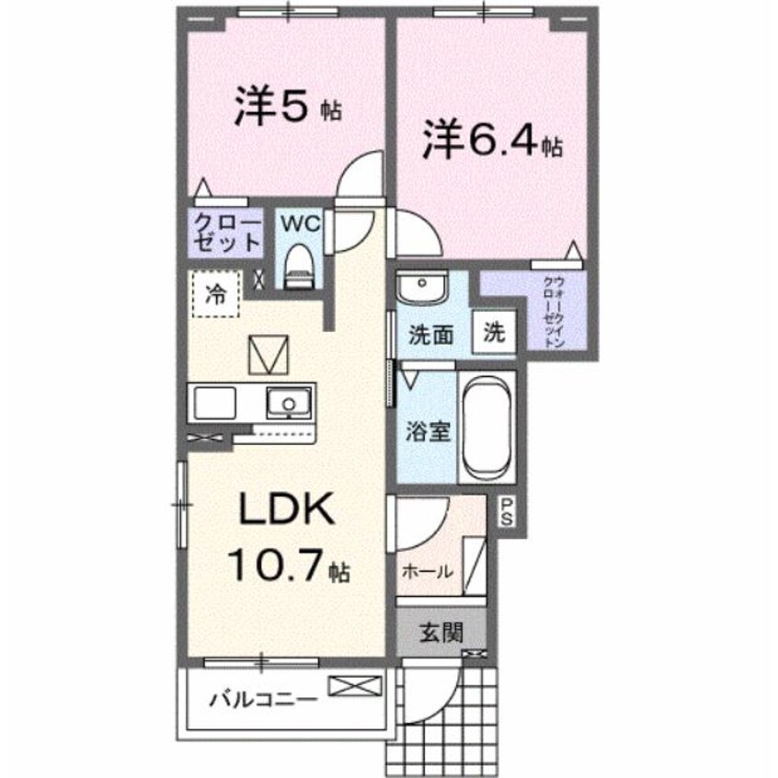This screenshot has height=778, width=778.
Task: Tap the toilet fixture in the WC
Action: coord(298,266)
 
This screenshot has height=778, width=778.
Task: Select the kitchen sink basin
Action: coord(289,402)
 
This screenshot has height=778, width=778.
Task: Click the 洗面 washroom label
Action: coord(431,335)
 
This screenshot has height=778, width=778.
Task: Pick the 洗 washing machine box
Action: coord(495,333)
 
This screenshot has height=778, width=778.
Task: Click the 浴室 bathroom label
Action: coord(429,430)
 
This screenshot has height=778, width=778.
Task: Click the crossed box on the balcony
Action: coord(353,685)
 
